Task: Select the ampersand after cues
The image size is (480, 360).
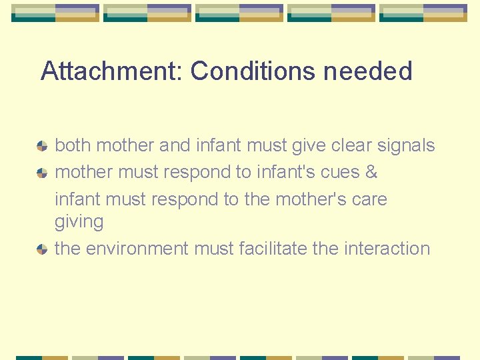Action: click(371, 172)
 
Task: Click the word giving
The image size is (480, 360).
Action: click(79, 222)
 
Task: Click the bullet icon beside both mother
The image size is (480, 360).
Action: click(42, 146)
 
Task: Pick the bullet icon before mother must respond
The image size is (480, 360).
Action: click(42, 173)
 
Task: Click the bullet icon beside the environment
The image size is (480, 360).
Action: click(42, 249)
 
